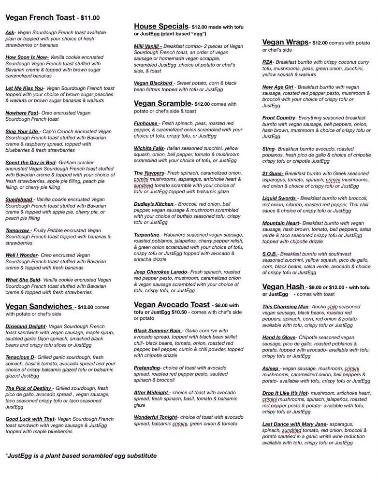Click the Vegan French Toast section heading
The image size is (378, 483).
point(40,17)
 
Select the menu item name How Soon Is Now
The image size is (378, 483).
point(27,57)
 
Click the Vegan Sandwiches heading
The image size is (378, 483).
point(39,306)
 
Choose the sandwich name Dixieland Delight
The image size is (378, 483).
point(26,327)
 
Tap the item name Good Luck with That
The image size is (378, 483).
point(30,419)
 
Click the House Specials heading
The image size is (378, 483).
point(160,26)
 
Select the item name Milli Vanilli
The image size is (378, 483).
point(147,46)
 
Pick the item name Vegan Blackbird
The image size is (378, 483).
point(153,83)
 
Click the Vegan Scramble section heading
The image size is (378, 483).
point(162,103)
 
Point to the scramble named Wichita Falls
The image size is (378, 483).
point(148,148)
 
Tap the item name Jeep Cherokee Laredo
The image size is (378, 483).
point(160,272)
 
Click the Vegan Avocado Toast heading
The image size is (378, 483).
point(172,305)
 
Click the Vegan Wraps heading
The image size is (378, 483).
point(285,43)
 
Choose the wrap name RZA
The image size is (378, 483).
point(268,62)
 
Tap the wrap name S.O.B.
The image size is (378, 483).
point(269,254)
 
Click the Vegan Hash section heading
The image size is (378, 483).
point(283,287)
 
